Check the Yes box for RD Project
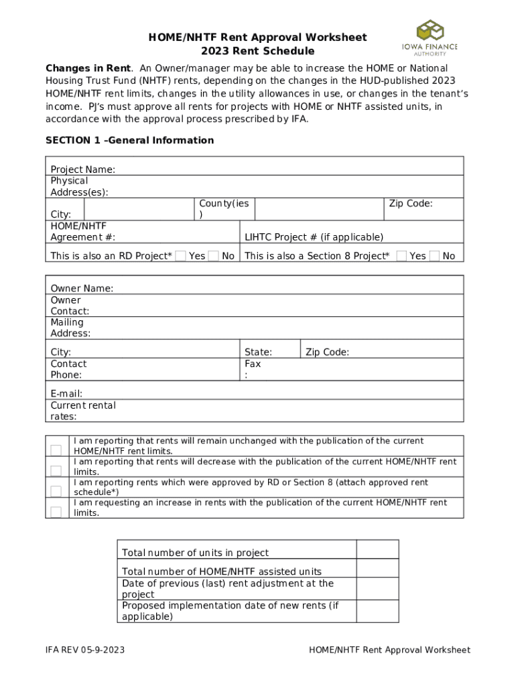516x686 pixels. point(180,255)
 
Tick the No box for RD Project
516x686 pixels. point(213,255)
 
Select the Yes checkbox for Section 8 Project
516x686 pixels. point(401,255)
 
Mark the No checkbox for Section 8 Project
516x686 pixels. point(434,255)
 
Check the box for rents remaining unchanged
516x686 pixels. point(56,450)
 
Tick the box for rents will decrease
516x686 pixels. point(56,470)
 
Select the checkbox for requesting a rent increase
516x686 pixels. point(56,512)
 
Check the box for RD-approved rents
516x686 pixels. point(56,491)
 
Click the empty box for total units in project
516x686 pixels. point(377,549)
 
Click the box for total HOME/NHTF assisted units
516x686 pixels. point(377,569)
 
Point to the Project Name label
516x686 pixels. point(82,169)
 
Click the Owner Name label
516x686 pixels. point(82,288)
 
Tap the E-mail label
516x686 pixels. point(66,394)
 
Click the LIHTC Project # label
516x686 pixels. point(314,237)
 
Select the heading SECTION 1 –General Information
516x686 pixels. point(129,141)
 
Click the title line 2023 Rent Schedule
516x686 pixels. point(257,51)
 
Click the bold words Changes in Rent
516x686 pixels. point(88,68)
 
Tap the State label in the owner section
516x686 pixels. point(258,352)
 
